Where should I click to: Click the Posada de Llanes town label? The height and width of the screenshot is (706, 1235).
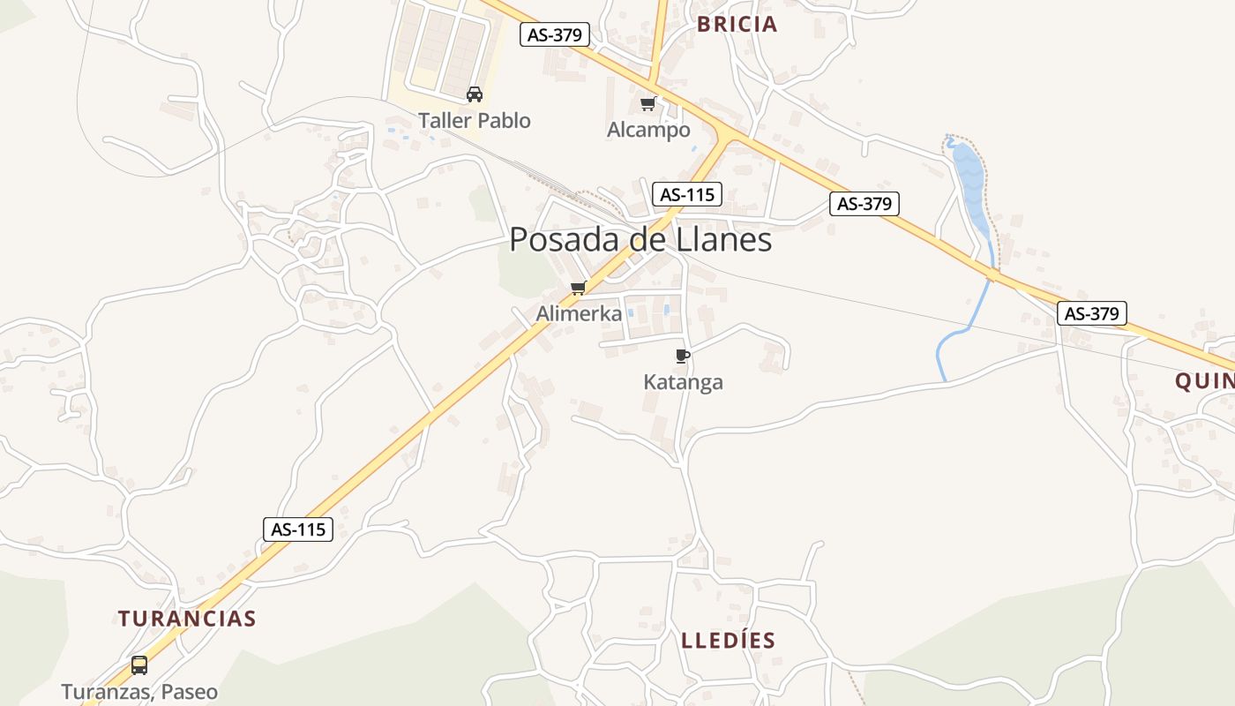pyautogui.click(x=640, y=240)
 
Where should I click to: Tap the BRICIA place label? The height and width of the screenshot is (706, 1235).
pyautogui.click(x=737, y=25)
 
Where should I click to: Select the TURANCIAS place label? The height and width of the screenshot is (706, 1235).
pyautogui.click(x=187, y=619)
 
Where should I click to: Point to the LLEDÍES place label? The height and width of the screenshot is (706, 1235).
pyautogui.click(x=729, y=641)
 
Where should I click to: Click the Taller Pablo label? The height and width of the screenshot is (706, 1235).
pyautogui.click(x=475, y=121)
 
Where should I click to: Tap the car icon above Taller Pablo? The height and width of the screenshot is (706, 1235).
pyautogui.click(x=475, y=94)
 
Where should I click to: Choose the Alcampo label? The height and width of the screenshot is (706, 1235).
pyautogui.click(x=648, y=131)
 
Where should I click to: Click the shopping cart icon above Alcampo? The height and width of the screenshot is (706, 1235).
pyautogui.click(x=648, y=104)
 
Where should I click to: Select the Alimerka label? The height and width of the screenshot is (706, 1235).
pyautogui.click(x=579, y=313)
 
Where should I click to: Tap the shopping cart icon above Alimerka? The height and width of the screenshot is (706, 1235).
pyautogui.click(x=579, y=288)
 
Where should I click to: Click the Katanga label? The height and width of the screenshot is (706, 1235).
pyautogui.click(x=683, y=382)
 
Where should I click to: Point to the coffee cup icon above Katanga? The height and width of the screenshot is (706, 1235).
pyautogui.click(x=682, y=356)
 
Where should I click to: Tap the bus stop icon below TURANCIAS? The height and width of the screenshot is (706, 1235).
pyautogui.click(x=139, y=665)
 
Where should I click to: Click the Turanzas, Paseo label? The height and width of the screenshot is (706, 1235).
pyautogui.click(x=139, y=692)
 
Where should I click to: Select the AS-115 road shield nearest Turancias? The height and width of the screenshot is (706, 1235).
pyautogui.click(x=298, y=529)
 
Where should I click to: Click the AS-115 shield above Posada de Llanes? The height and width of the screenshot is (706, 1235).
pyautogui.click(x=687, y=194)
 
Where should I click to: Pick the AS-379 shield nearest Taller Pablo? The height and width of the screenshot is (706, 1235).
pyautogui.click(x=554, y=34)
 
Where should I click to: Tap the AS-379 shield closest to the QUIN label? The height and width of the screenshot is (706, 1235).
pyautogui.click(x=1092, y=313)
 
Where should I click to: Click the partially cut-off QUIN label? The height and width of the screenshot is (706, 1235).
pyautogui.click(x=1204, y=381)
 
